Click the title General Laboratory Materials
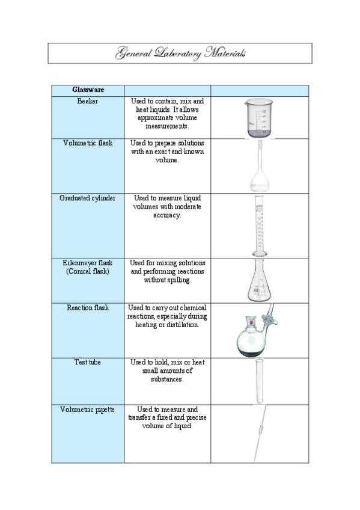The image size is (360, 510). [x=180, y=54]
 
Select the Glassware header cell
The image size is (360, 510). [x=88, y=90]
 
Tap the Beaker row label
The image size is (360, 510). [x=88, y=102]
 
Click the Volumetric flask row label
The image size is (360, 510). [x=88, y=143]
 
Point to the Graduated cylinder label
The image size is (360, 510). [x=88, y=198]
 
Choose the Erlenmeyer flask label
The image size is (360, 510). [x=88, y=263]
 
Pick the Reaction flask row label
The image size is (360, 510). [x=88, y=308]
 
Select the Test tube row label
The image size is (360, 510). [x=88, y=363]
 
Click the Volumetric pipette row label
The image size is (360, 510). [x=88, y=410]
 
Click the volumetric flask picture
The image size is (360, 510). [x=259, y=167]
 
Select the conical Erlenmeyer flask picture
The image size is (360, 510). [x=258, y=281]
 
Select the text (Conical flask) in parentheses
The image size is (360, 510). [x=88, y=272]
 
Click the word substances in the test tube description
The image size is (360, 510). [x=167, y=380]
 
